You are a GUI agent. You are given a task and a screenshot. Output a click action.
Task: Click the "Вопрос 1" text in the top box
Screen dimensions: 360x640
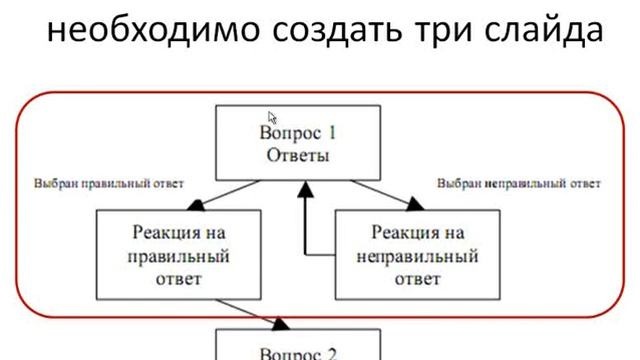[x=300, y=134]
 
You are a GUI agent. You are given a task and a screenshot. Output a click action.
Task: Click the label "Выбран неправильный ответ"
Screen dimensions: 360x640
[x=520, y=184]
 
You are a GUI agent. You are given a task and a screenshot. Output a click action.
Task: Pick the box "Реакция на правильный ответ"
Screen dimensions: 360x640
[x=181, y=255]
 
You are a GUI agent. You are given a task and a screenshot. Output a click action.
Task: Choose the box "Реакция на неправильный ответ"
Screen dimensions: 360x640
[x=419, y=255]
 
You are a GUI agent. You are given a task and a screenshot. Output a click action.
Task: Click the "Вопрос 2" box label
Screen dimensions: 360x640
[x=300, y=351]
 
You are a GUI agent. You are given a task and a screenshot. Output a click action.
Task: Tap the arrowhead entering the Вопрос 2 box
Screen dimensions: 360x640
[x=283, y=323]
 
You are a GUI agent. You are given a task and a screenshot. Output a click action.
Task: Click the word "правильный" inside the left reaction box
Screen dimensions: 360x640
[x=181, y=255]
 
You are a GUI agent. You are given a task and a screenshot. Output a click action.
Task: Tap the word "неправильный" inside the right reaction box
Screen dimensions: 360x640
[x=419, y=255]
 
